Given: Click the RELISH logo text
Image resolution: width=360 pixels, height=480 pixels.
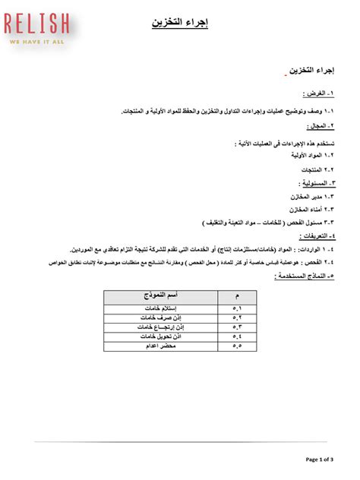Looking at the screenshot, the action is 38,24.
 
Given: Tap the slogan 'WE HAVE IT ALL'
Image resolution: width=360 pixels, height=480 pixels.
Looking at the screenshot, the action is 38,43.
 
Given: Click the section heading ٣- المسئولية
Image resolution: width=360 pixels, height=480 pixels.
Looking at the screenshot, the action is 314,184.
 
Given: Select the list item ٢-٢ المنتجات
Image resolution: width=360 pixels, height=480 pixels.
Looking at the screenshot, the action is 317,169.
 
